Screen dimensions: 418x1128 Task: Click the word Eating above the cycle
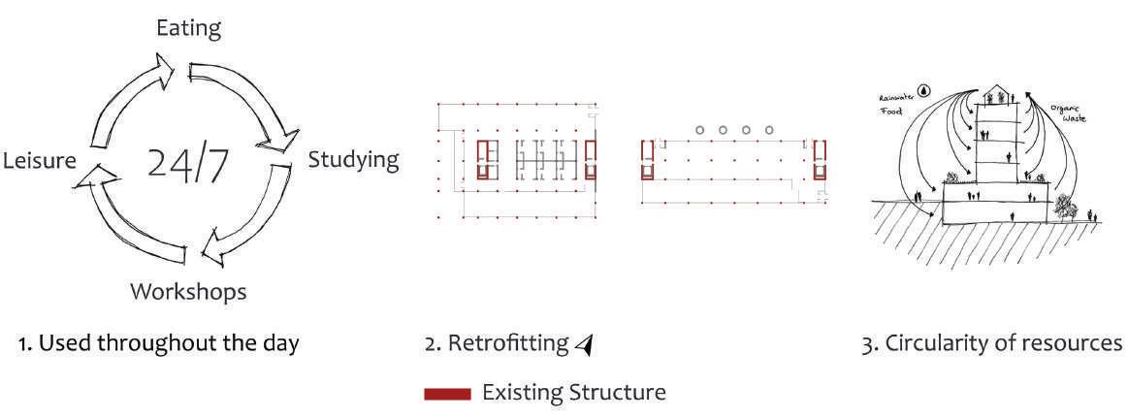click(189, 28)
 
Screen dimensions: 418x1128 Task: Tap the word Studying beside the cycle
click(353, 159)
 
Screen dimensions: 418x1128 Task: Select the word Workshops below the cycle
click(188, 291)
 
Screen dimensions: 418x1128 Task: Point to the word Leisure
click(39, 161)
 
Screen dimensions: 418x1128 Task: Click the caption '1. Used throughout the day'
click(159, 343)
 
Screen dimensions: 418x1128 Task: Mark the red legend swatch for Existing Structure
click(448, 393)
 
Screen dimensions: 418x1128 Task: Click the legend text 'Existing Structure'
click(574, 393)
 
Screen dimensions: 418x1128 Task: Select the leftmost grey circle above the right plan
click(699, 129)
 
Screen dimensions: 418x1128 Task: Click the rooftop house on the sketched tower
click(995, 95)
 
